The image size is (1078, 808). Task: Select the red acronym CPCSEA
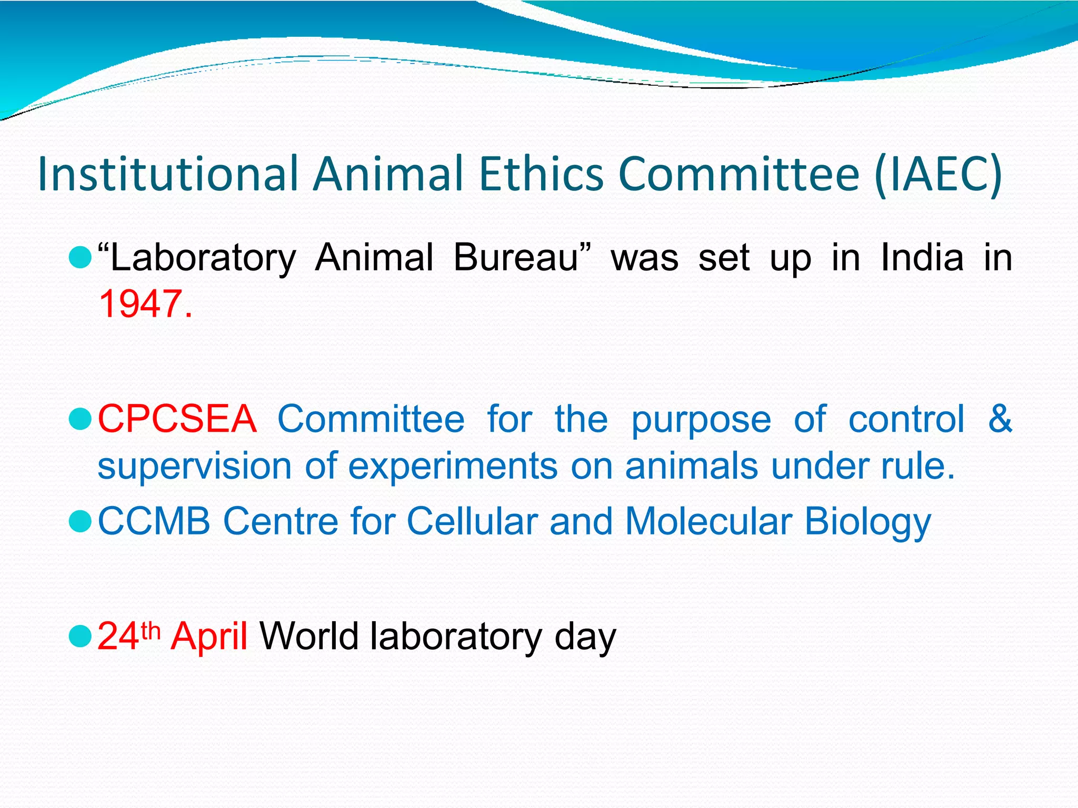(177, 419)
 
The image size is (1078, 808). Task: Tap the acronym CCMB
(154, 521)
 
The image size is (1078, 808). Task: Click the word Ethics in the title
(541, 174)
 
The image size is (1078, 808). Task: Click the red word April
(209, 637)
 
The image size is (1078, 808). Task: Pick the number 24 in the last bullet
(118, 637)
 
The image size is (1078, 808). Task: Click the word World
(310, 637)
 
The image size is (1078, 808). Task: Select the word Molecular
(708, 521)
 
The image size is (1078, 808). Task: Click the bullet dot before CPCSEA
(81, 419)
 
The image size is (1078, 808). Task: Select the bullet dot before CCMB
(81, 521)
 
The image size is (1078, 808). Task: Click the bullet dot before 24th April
(81, 636)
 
